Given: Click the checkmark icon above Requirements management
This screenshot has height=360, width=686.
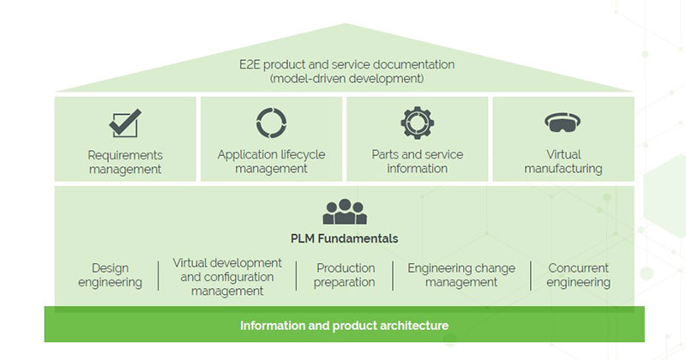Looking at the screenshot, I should point(125,123).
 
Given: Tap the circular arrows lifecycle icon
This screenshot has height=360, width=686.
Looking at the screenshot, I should point(272,123).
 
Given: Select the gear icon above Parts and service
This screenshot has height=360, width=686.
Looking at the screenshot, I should point(417,123).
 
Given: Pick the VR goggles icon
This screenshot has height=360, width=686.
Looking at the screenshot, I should point(563,123).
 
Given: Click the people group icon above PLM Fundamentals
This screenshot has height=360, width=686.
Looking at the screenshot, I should point(344,211).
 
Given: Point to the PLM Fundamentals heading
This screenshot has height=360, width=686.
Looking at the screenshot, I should point(344,238).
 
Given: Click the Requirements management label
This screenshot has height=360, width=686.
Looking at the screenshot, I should point(125,162).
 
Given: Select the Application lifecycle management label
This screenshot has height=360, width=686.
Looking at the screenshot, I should point(272,162).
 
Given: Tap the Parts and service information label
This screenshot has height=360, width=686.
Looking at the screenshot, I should point(417,162).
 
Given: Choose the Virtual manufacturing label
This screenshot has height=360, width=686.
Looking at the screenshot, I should point(563,162).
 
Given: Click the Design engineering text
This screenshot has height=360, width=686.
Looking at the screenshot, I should point(110,275).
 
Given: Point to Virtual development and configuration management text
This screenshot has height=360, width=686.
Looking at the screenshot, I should point(227,276).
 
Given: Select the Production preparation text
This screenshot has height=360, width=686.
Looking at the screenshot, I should point(345,275).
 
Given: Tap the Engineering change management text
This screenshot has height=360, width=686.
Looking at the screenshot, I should point(461,275).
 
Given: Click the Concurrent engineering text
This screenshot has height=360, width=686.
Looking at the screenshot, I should point(579,275).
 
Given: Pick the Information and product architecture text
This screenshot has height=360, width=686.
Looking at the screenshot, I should point(344,326).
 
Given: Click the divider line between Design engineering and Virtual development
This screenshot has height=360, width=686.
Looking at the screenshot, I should point(159,276).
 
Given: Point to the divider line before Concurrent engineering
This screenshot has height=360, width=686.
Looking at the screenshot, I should point(531,276).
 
